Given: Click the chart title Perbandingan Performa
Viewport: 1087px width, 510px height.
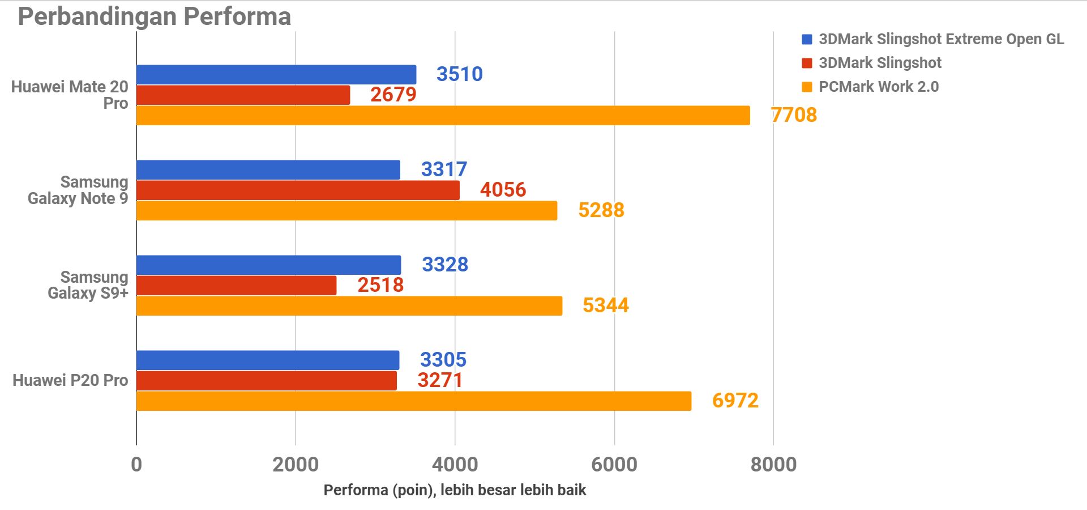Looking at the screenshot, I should [x=154, y=16].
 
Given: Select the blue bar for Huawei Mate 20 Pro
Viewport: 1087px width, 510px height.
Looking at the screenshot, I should [x=276, y=75].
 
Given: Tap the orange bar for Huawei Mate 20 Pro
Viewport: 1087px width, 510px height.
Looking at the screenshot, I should [x=443, y=116].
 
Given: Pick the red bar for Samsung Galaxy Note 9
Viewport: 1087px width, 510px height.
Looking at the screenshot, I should [x=298, y=190].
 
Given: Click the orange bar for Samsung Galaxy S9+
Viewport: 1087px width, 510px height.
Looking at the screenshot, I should [x=349, y=306].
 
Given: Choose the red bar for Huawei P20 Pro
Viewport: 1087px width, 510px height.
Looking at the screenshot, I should [x=267, y=381].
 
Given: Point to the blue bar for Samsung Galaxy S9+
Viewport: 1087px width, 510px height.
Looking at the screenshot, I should [x=269, y=265].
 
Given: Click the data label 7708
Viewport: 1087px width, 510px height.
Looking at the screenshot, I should [x=794, y=115].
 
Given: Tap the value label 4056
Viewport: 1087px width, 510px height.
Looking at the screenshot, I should [x=503, y=190].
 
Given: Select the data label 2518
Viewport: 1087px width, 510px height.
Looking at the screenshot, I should [x=380, y=285].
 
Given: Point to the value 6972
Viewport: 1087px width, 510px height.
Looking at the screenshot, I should [x=735, y=401].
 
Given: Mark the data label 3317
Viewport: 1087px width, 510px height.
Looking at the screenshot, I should [x=444, y=169].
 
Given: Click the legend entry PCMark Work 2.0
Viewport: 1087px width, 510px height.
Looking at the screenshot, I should [x=878, y=87].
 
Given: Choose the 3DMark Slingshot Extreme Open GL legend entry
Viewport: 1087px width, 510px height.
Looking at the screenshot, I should [x=941, y=39].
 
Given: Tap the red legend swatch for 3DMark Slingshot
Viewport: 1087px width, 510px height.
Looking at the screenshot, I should [x=807, y=63].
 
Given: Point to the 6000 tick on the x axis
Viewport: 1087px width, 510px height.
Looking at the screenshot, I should [x=614, y=465].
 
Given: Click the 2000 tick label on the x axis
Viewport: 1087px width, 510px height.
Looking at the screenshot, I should [x=296, y=465].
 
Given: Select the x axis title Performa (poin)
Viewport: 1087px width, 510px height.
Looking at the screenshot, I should [x=455, y=490].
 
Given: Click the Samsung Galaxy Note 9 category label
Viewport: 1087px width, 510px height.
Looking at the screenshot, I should [x=78, y=190].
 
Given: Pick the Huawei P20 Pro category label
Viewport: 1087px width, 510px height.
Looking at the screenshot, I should [x=70, y=380].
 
